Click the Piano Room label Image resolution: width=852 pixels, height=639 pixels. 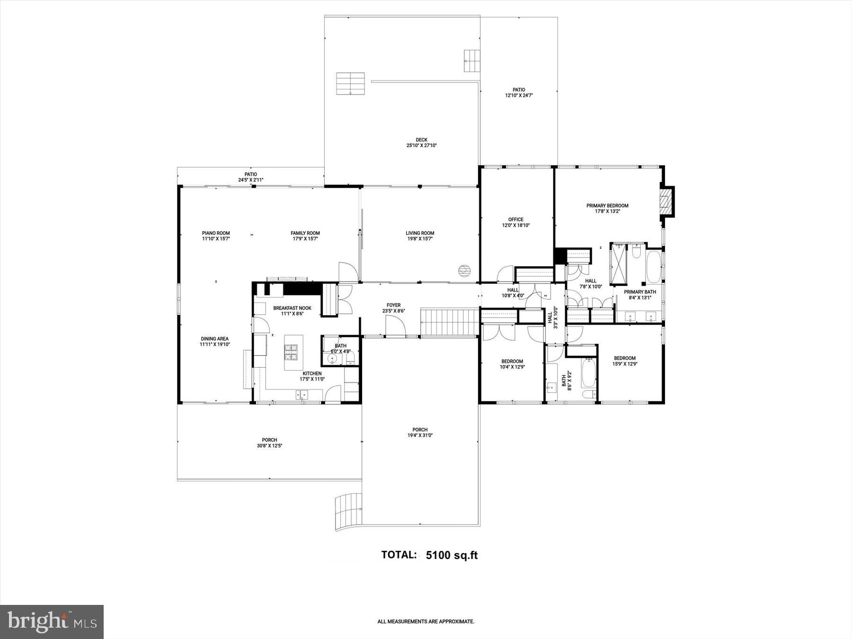coord(216,233)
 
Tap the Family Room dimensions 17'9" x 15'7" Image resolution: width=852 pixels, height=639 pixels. coord(305,239)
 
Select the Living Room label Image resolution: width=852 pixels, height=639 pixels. coord(420,233)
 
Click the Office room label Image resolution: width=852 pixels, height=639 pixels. coord(515,220)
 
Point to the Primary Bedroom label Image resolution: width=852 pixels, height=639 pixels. coord(607,206)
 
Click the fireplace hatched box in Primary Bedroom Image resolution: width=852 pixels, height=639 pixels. coord(666,202)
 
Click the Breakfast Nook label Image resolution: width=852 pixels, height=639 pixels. coord(292,308)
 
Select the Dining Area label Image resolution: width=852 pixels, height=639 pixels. coord(214,339)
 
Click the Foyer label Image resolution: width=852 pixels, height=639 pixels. coord(393,305)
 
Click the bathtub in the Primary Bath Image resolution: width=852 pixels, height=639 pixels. coord(654,267)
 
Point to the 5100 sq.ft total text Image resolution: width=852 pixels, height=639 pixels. coord(452,555)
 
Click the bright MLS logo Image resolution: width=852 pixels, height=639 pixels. coord(52,621)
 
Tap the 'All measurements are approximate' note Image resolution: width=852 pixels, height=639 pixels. coord(426,621)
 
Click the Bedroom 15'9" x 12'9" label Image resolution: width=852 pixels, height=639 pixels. coord(624,358)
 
